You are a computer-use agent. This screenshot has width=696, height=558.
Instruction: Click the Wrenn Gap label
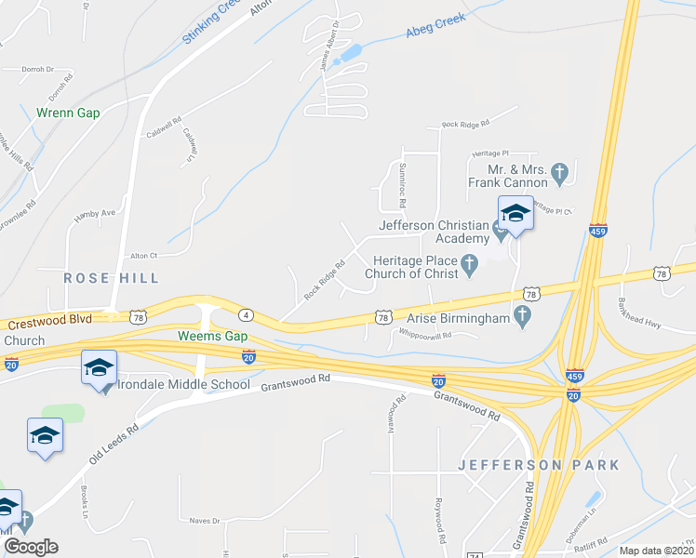point(67,113)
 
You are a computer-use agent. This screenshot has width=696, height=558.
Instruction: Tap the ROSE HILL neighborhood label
point(111,277)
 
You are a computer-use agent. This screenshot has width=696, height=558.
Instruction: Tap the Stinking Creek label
point(212,23)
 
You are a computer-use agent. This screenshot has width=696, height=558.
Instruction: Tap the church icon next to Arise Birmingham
point(522,319)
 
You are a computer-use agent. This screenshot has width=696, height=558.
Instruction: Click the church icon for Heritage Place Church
point(470,267)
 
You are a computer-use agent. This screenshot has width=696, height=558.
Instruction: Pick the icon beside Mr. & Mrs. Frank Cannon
point(559,172)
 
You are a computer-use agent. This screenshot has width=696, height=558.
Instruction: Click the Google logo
point(31,546)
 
